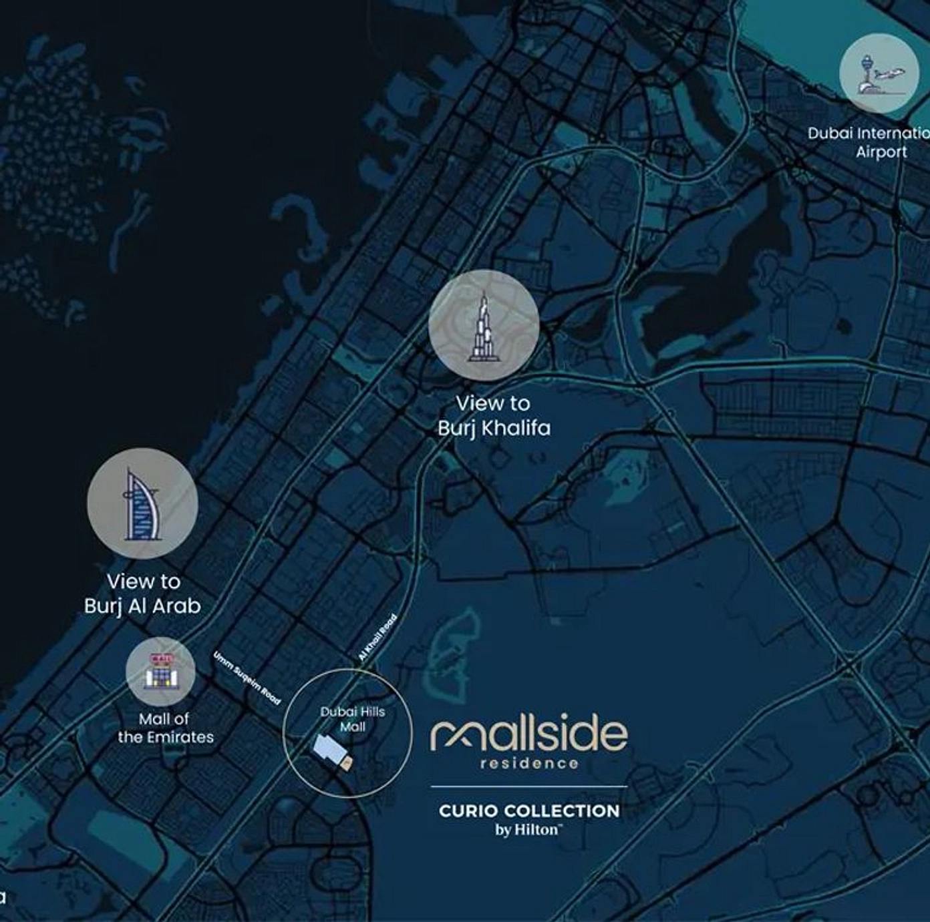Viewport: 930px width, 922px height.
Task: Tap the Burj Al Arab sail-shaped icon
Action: click(141, 505)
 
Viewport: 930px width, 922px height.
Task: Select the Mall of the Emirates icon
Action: click(161, 672)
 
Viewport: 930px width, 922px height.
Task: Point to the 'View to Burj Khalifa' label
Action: click(494, 415)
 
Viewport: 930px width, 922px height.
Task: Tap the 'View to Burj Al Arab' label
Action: click(142, 594)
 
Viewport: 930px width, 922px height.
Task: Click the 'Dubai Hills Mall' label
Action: click(352, 718)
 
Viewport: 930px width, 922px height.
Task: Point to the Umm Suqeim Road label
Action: click(247, 678)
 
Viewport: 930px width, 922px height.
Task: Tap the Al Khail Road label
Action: click(377, 638)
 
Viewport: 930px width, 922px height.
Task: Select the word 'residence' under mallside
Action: click(529, 763)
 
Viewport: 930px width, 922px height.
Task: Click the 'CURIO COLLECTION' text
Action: click(529, 811)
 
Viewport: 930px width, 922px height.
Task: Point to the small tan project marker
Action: click(346, 764)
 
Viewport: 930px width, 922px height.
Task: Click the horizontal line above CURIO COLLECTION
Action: click(529, 786)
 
